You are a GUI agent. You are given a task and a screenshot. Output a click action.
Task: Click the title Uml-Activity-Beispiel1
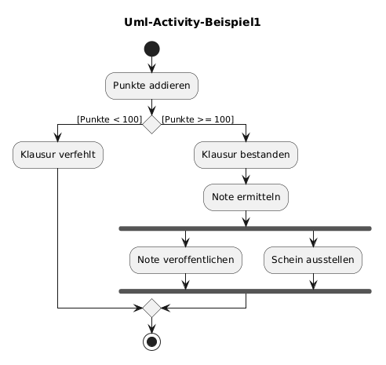click(x=192, y=22)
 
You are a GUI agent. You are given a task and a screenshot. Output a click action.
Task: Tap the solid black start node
click(x=151, y=49)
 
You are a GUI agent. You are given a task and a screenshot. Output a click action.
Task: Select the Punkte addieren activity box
click(x=151, y=86)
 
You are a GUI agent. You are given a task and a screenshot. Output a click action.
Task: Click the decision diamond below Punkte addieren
click(x=151, y=124)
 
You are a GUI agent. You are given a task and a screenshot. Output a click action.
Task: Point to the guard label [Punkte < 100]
click(x=110, y=119)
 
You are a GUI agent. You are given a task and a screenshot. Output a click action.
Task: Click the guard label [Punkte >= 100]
click(x=198, y=119)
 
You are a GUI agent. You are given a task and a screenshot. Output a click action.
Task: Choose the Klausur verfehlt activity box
click(x=58, y=155)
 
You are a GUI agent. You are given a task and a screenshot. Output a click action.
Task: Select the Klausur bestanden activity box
click(x=246, y=155)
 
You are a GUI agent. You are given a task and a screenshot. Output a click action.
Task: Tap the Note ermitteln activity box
click(x=246, y=197)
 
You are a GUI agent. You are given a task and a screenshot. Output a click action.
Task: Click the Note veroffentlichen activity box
click(x=186, y=260)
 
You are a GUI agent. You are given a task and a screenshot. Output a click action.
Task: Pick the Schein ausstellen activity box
click(x=313, y=260)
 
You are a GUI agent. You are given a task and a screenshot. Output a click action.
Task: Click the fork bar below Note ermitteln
click(x=246, y=228)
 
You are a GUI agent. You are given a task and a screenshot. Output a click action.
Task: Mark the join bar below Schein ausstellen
click(x=246, y=291)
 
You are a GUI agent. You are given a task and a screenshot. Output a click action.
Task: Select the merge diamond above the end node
click(x=151, y=308)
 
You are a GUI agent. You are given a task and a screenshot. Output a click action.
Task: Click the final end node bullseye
click(x=151, y=341)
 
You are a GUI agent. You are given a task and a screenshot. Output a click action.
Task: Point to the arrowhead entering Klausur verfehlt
click(x=57, y=137)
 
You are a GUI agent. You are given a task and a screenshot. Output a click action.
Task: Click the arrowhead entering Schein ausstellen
click(x=313, y=243)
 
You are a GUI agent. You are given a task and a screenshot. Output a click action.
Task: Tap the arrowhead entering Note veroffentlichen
click(x=186, y=243)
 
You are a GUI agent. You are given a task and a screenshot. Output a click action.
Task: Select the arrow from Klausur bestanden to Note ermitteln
click(x=246, y=177)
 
